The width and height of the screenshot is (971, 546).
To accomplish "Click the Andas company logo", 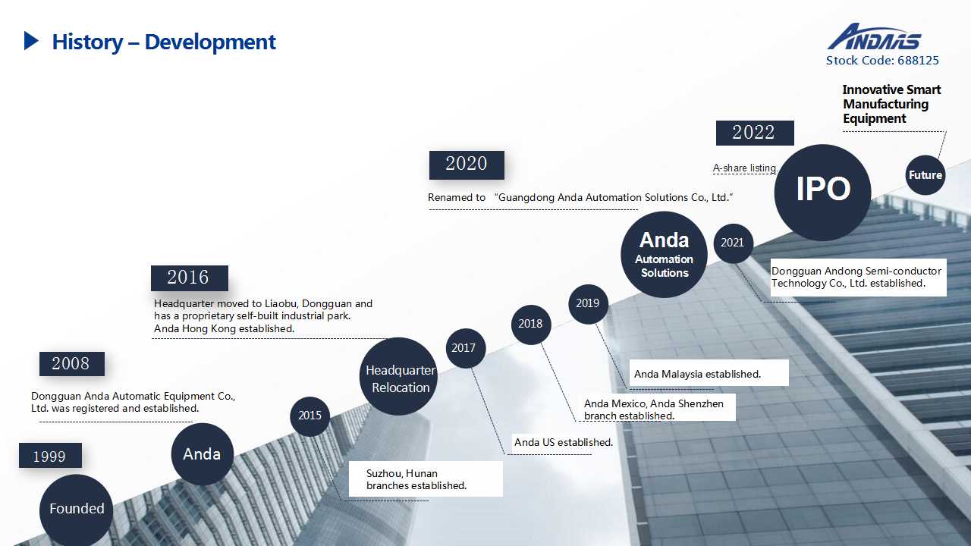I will [x=874, y=37].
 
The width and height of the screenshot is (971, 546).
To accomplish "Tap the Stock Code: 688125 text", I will [x=882, y=61].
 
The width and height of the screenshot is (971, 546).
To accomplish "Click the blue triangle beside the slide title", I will [x=31, y=41].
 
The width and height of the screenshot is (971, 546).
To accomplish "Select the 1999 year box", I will [x=50, y=456].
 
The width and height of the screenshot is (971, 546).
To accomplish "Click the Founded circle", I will [x=77, y=509].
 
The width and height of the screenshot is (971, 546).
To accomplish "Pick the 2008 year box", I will [x=71, y=364].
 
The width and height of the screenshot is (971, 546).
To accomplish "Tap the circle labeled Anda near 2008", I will [x=202, y=454].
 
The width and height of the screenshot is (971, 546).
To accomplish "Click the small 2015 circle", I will [x=310, y=416].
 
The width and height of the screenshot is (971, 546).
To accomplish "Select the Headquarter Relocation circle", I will [x=399, y=378].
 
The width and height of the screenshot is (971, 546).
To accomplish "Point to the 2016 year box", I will [x=189, y=278].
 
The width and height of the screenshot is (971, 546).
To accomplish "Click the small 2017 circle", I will [x=464, y=348].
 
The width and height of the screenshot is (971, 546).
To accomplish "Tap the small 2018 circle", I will [x=530, y=324].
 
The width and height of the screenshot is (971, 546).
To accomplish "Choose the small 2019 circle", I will [x=588, y=303].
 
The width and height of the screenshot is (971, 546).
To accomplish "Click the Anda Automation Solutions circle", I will [x=664, y=255].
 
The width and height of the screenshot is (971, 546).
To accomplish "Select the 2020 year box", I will [x=467, y=165].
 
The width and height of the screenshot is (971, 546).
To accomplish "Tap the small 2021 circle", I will [x=733, y=243].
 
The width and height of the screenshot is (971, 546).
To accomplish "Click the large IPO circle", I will [x=823, y=192].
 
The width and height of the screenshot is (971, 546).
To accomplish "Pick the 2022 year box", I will [x=754, y=133].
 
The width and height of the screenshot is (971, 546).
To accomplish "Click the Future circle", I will [x=925, y=175].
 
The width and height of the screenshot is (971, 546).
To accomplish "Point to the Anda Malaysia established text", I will [x=697, y=374].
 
